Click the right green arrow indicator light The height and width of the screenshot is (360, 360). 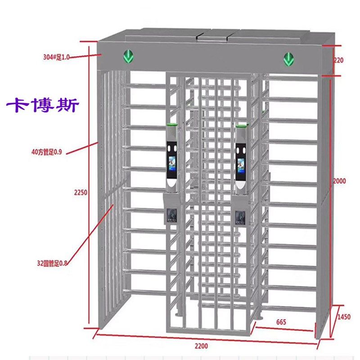288,58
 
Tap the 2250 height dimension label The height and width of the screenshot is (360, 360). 81,192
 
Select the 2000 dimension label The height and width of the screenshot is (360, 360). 339,181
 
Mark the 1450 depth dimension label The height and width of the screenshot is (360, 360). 344,317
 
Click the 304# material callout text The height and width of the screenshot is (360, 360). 56,57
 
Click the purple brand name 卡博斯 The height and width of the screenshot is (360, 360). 43,106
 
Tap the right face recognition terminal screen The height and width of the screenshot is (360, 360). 241,166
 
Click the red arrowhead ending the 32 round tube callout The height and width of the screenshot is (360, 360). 112,205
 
